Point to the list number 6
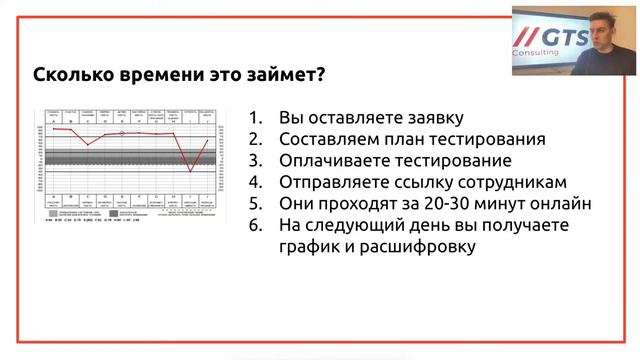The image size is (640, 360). [256, 225]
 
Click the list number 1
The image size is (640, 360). [256, 118]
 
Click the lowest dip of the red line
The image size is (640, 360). [189, 171]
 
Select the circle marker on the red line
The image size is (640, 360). [122, 132]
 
